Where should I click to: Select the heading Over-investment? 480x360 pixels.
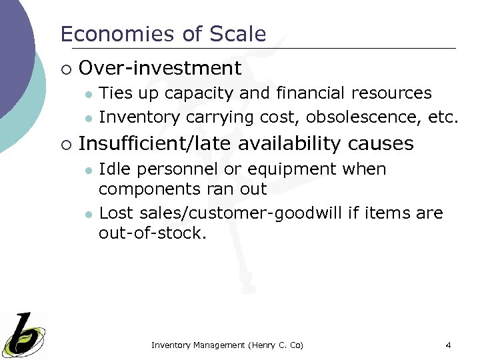[160, 68]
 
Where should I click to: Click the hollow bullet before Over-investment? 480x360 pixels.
[64, 69]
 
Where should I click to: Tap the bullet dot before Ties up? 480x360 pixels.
[87, 94]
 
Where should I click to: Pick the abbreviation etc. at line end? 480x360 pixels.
[443, 117]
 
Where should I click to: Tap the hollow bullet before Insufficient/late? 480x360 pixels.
[64, 144]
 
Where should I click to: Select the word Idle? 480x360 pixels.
[113, 169]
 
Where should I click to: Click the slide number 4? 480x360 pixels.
[448, 345]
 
